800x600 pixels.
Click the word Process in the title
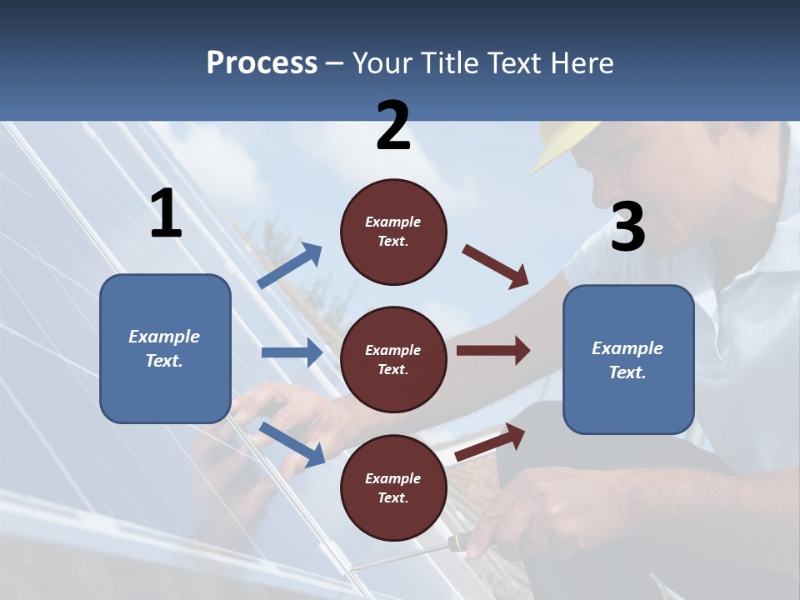click(x=262, y=62)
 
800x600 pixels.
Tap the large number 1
click(x=167, y=212)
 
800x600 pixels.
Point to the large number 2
click(x=392, y=125)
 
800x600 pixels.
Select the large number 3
click(x=628, y=226)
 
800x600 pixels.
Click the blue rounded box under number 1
click(x=165, y=348)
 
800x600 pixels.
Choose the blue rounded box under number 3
click(x=628, y=360)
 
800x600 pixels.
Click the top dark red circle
click(x=393, y=232)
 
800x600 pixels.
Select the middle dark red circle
click(x=393, y=360)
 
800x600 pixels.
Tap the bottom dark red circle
click(x=393, y=487)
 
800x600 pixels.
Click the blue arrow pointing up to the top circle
click(x=290, y=265)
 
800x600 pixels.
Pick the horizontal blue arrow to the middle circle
click(x=292, y=352)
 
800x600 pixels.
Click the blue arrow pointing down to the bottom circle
click(x=292, y=444)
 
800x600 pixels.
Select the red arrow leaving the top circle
click(x=495, y=267)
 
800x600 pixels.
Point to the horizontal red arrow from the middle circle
click(x=493, y=351)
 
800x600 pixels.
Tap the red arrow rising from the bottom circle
click(x=490, y=442)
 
